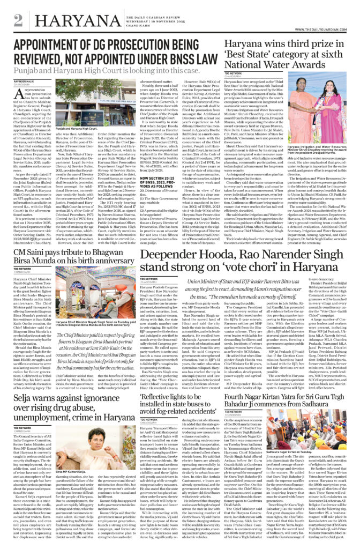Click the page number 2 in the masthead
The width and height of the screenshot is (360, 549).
coord(19,20)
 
